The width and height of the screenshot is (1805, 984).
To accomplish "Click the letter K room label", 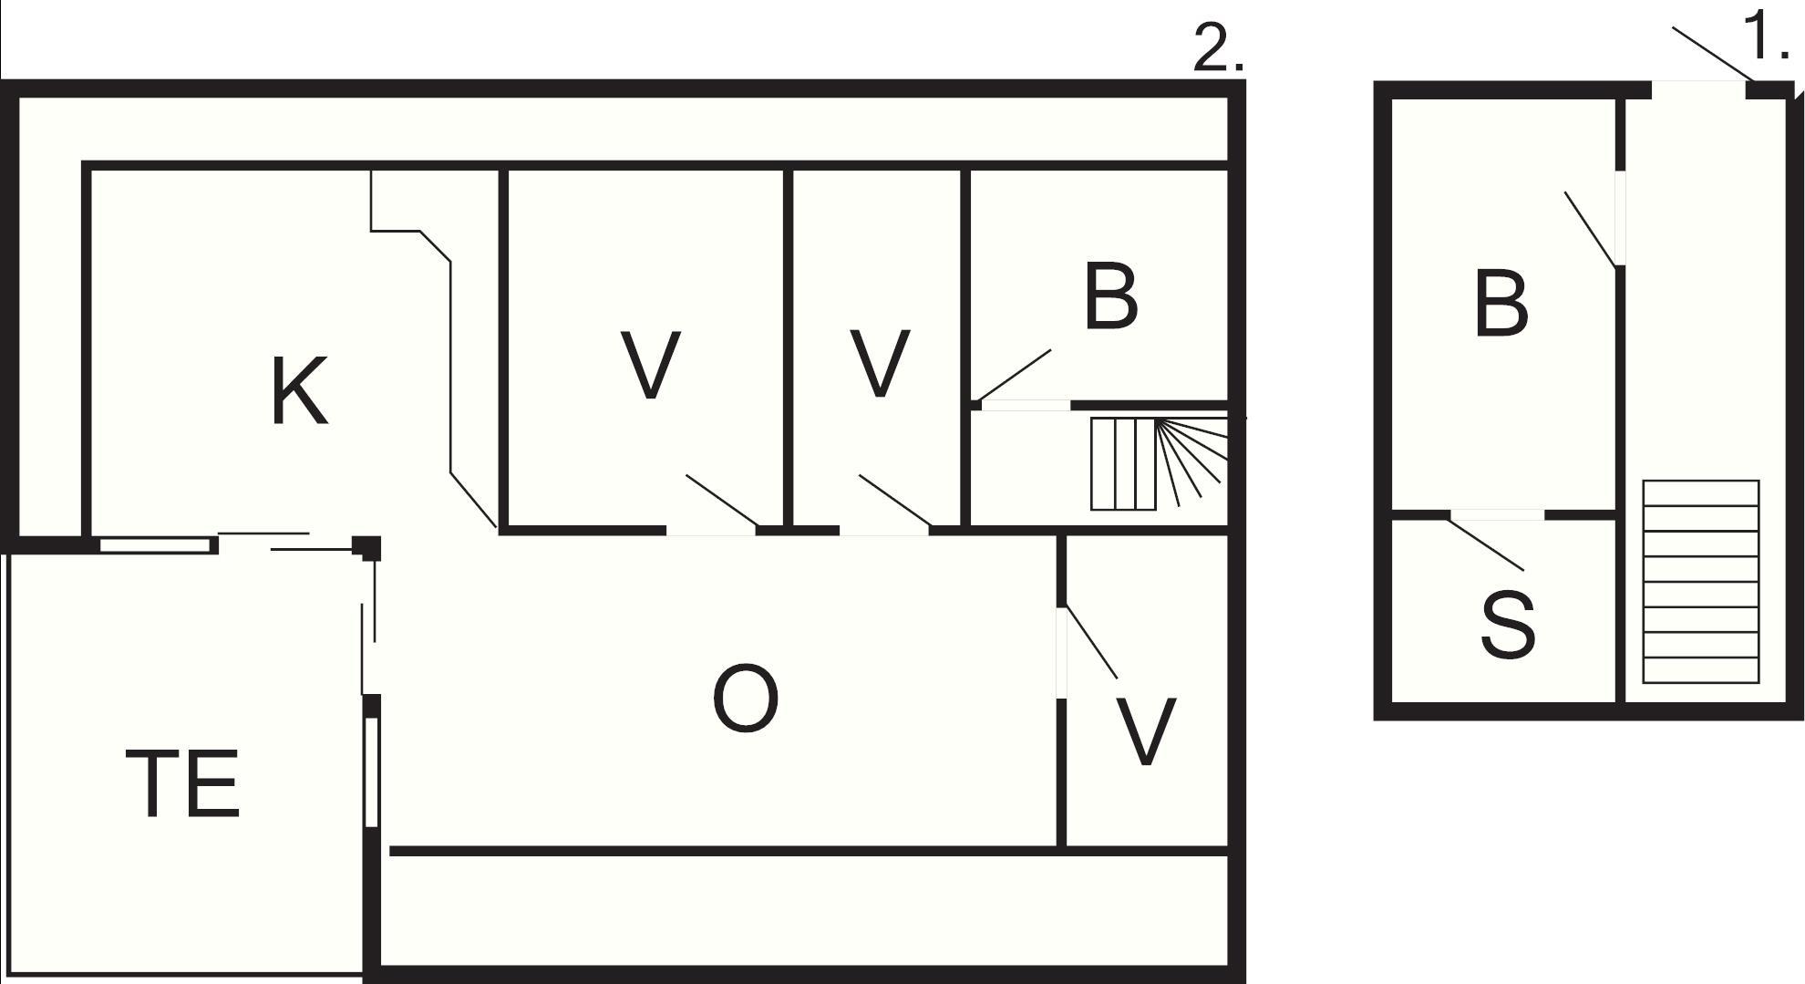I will pos(299,392).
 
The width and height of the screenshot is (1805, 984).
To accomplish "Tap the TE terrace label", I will pos(182,782).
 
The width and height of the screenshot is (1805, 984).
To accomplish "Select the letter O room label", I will pos(745,699).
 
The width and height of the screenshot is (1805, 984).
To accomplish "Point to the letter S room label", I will pos(1508,625).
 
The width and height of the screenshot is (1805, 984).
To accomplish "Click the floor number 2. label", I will pos(1218,50).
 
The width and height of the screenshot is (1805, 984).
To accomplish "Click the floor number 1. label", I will pos(1766,38).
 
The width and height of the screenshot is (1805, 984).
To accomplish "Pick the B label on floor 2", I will pos(1111,295).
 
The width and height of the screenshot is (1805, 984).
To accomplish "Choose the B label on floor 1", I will pos(1501,304).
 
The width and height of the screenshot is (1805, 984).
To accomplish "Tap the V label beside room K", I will pos(649,365).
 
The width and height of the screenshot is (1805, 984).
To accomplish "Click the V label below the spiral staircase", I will pos(1146,731).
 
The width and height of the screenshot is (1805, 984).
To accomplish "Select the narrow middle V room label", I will pos(880,365).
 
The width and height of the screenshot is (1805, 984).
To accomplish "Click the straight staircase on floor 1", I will pos(1700,581).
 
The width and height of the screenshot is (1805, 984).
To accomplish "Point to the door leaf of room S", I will pos(1486,544).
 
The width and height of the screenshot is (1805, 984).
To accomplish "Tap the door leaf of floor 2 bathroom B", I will pos(1013,375).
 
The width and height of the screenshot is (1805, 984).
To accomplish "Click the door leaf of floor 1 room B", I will pos(1590,229).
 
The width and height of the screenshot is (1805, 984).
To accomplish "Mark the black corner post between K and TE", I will pos(367,547).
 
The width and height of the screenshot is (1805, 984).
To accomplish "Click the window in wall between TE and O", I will pos(371,772).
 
